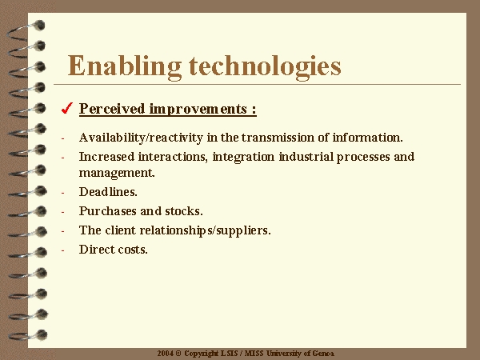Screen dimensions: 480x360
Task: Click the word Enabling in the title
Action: [125, 67]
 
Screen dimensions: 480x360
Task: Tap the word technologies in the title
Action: [265, 67]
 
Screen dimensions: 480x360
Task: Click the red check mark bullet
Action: [67, 108]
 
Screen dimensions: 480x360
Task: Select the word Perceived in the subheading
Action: [112, 109]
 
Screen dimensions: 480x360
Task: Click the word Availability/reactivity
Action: [141, 138]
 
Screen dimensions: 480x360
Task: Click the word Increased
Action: [107, 157]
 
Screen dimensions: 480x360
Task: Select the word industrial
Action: [306, 157]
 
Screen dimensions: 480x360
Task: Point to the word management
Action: [117, 174]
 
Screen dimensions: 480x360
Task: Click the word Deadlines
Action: [108, 192]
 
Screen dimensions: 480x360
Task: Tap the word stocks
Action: [184, 211]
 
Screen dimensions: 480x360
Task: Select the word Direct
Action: [97, 250]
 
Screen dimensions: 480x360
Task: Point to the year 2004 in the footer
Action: [166, 354]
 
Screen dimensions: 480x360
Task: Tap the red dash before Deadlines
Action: [62, 193]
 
